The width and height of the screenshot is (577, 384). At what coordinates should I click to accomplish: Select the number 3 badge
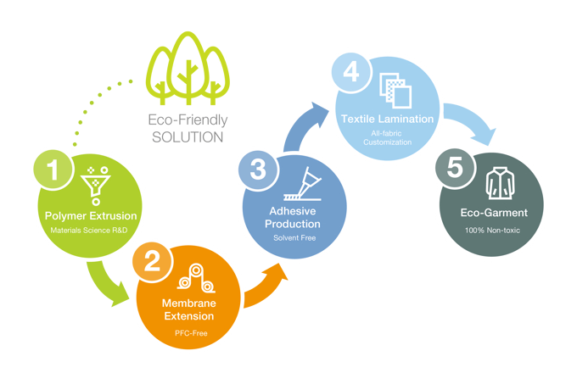[259, 170]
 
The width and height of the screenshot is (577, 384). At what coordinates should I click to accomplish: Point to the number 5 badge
[455, 167]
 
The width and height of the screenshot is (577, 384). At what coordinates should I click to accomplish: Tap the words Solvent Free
[294, 239]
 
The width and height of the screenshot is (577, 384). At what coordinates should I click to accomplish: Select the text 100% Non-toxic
[491, 231]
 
